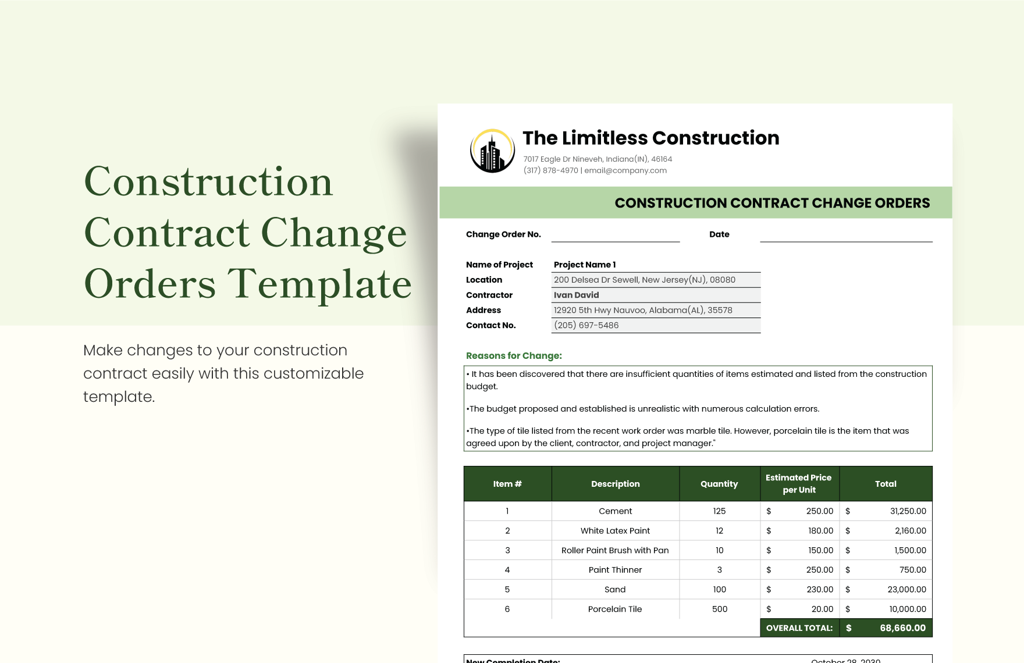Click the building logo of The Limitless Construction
(492, 151)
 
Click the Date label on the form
(719, 234)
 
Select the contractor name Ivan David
(576, 295)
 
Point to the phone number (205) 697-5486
(586, 325)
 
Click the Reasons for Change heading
(514, 356)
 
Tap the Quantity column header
(719, 484)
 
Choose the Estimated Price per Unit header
(799, 484)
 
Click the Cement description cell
(615, 511)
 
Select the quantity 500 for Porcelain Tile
(720, 609)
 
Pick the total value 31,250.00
(908, 511)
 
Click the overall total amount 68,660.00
(902, 628)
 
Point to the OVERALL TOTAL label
(799, 628)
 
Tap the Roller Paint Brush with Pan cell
(615, 550)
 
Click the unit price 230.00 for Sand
(820, 589)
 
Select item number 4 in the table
(507, 570)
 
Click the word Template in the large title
(319, 284)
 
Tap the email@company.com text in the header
(625, 170)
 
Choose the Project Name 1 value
(585, 265)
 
